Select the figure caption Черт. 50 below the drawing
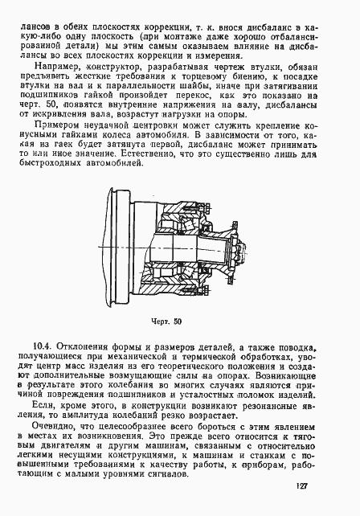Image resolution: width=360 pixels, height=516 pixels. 166,322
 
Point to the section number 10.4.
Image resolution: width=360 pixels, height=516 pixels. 35,346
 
